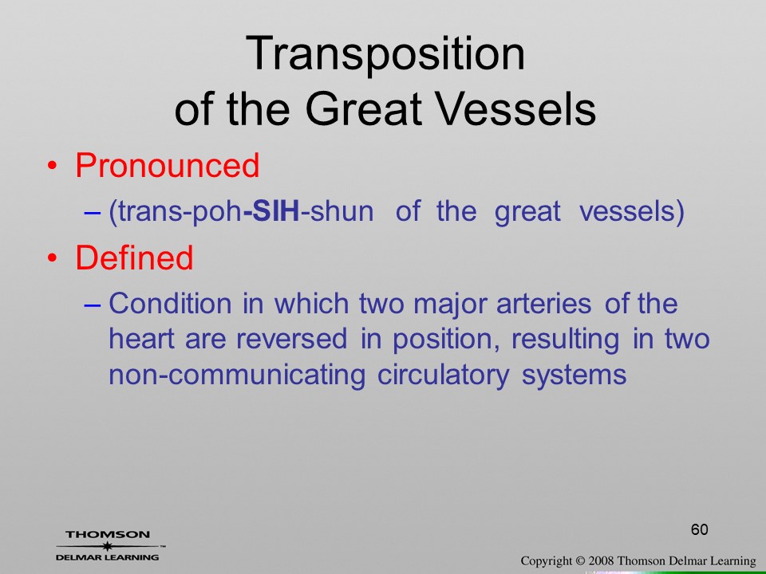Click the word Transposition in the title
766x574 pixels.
[x=385, y=55]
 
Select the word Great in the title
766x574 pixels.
[x=364, y=108]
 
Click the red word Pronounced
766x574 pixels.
[x=167, y=165]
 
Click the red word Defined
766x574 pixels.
[x=134, y=258]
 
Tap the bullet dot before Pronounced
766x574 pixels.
[x=52, y=167]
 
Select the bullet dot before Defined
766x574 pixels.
[x=52, y=258]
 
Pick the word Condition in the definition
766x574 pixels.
[x=170, y=303]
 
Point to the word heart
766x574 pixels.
[x=141, y=339]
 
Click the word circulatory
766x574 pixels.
[x=443, y=375]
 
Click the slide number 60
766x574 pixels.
[x=699, y=529]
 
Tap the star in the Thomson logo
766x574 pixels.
[x=107, y=546]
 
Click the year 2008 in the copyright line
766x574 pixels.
[x=601, y=561]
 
